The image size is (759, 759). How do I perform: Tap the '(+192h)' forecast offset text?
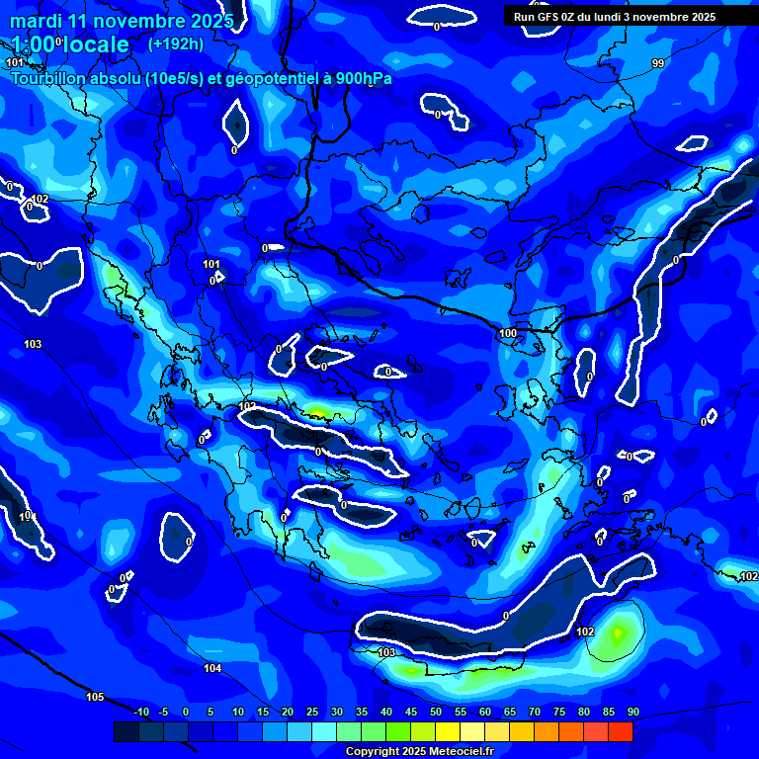pos(176,43)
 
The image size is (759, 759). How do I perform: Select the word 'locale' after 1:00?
pos(96,44)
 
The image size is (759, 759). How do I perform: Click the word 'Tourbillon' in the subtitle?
pos(48,78)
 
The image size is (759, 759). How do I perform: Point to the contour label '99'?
pos(658,63)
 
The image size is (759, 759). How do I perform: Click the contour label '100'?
pos(507,334)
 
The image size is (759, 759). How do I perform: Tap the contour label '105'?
pos(95,697)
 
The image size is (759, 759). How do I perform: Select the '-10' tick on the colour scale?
pos(140,713)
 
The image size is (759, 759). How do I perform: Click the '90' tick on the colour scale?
pos(632,713)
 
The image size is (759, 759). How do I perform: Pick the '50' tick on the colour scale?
pos(436,713)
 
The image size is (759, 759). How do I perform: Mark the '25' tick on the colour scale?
pos(312,713)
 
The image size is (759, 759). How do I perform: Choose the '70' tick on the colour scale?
pos(535,713)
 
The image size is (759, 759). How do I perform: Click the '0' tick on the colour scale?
pos(186,713)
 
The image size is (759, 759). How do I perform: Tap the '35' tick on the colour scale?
pos(362,713)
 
